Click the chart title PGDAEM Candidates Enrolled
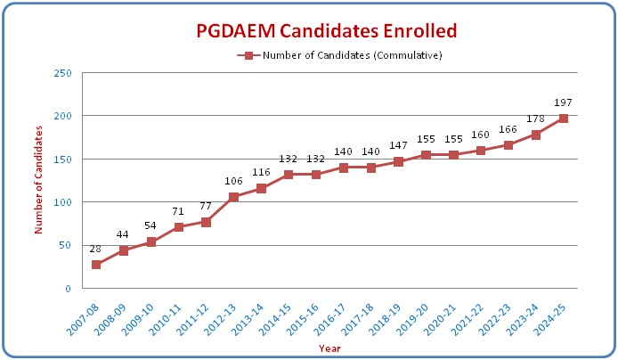326,31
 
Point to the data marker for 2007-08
95,265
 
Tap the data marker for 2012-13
233,197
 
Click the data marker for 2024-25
564,118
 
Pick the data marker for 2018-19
399,161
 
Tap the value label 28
95,250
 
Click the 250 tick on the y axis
62,73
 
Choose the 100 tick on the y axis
62,202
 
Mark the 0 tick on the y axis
69,289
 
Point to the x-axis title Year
329,348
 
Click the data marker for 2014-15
289,175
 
